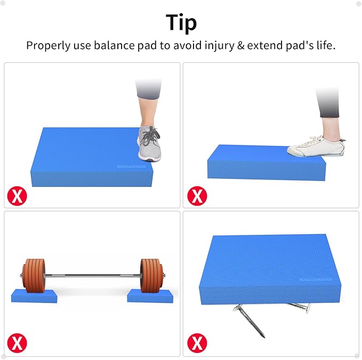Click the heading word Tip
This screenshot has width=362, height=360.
(181, 22)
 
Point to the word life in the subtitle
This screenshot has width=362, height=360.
(323, 45)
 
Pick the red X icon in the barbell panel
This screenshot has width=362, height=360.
(18, 341)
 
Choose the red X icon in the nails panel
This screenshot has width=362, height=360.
(197, 341)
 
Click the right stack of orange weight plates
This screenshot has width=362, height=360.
(150, 275)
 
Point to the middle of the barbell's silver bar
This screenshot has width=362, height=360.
(93, 275)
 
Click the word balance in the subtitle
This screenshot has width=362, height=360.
(114, 45)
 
